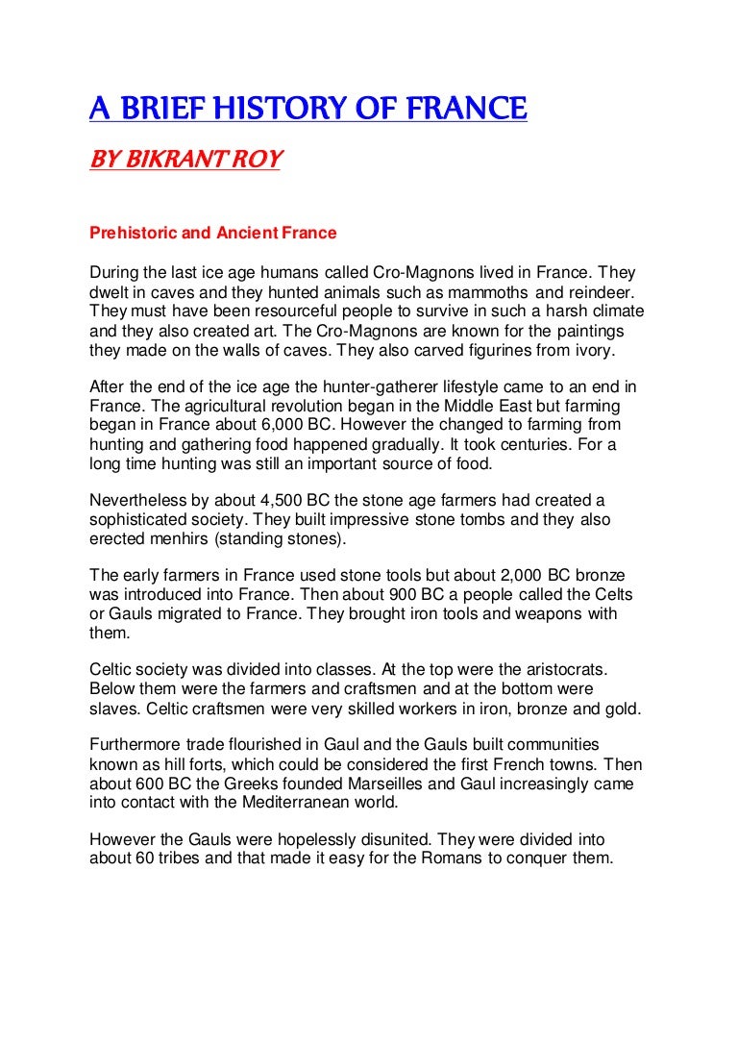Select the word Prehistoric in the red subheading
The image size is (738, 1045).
tap(128, 233)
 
